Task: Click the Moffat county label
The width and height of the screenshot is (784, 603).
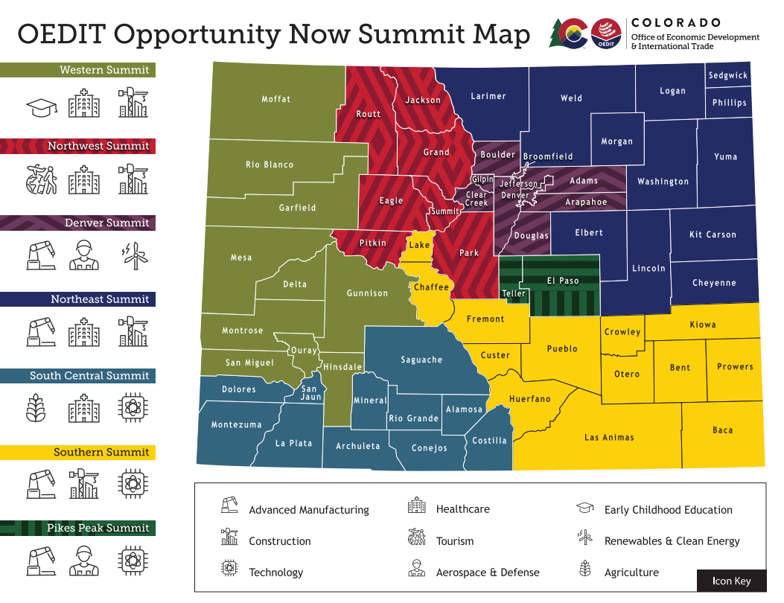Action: tap(275, 99)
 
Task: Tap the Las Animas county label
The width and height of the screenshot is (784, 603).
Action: tap(609, 437)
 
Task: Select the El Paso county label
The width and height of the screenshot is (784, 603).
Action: tap(563, 281)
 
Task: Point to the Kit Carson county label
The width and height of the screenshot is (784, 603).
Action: tap(713, 234)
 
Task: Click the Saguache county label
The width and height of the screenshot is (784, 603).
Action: tap(421, 360)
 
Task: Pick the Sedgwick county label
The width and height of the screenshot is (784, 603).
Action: tap(727, 76)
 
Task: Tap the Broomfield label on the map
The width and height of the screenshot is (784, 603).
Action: tap(548, 156)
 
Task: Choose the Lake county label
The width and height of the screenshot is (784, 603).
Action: tap(419, 245)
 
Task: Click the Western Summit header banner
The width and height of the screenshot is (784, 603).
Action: tap(77, 70)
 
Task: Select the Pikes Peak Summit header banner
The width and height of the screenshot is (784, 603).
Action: tap(77, 529)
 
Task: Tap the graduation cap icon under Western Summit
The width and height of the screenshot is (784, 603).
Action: tap(42, 107)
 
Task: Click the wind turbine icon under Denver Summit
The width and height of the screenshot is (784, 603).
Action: tap(135, 255)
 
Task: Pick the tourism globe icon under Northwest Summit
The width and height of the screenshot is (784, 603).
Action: tap(42, 179)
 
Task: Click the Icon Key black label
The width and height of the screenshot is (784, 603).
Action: tap(731, 581)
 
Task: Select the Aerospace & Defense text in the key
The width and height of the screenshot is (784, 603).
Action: tap(487, 572)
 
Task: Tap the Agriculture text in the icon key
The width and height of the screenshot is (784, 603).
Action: tap(631, 572)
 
